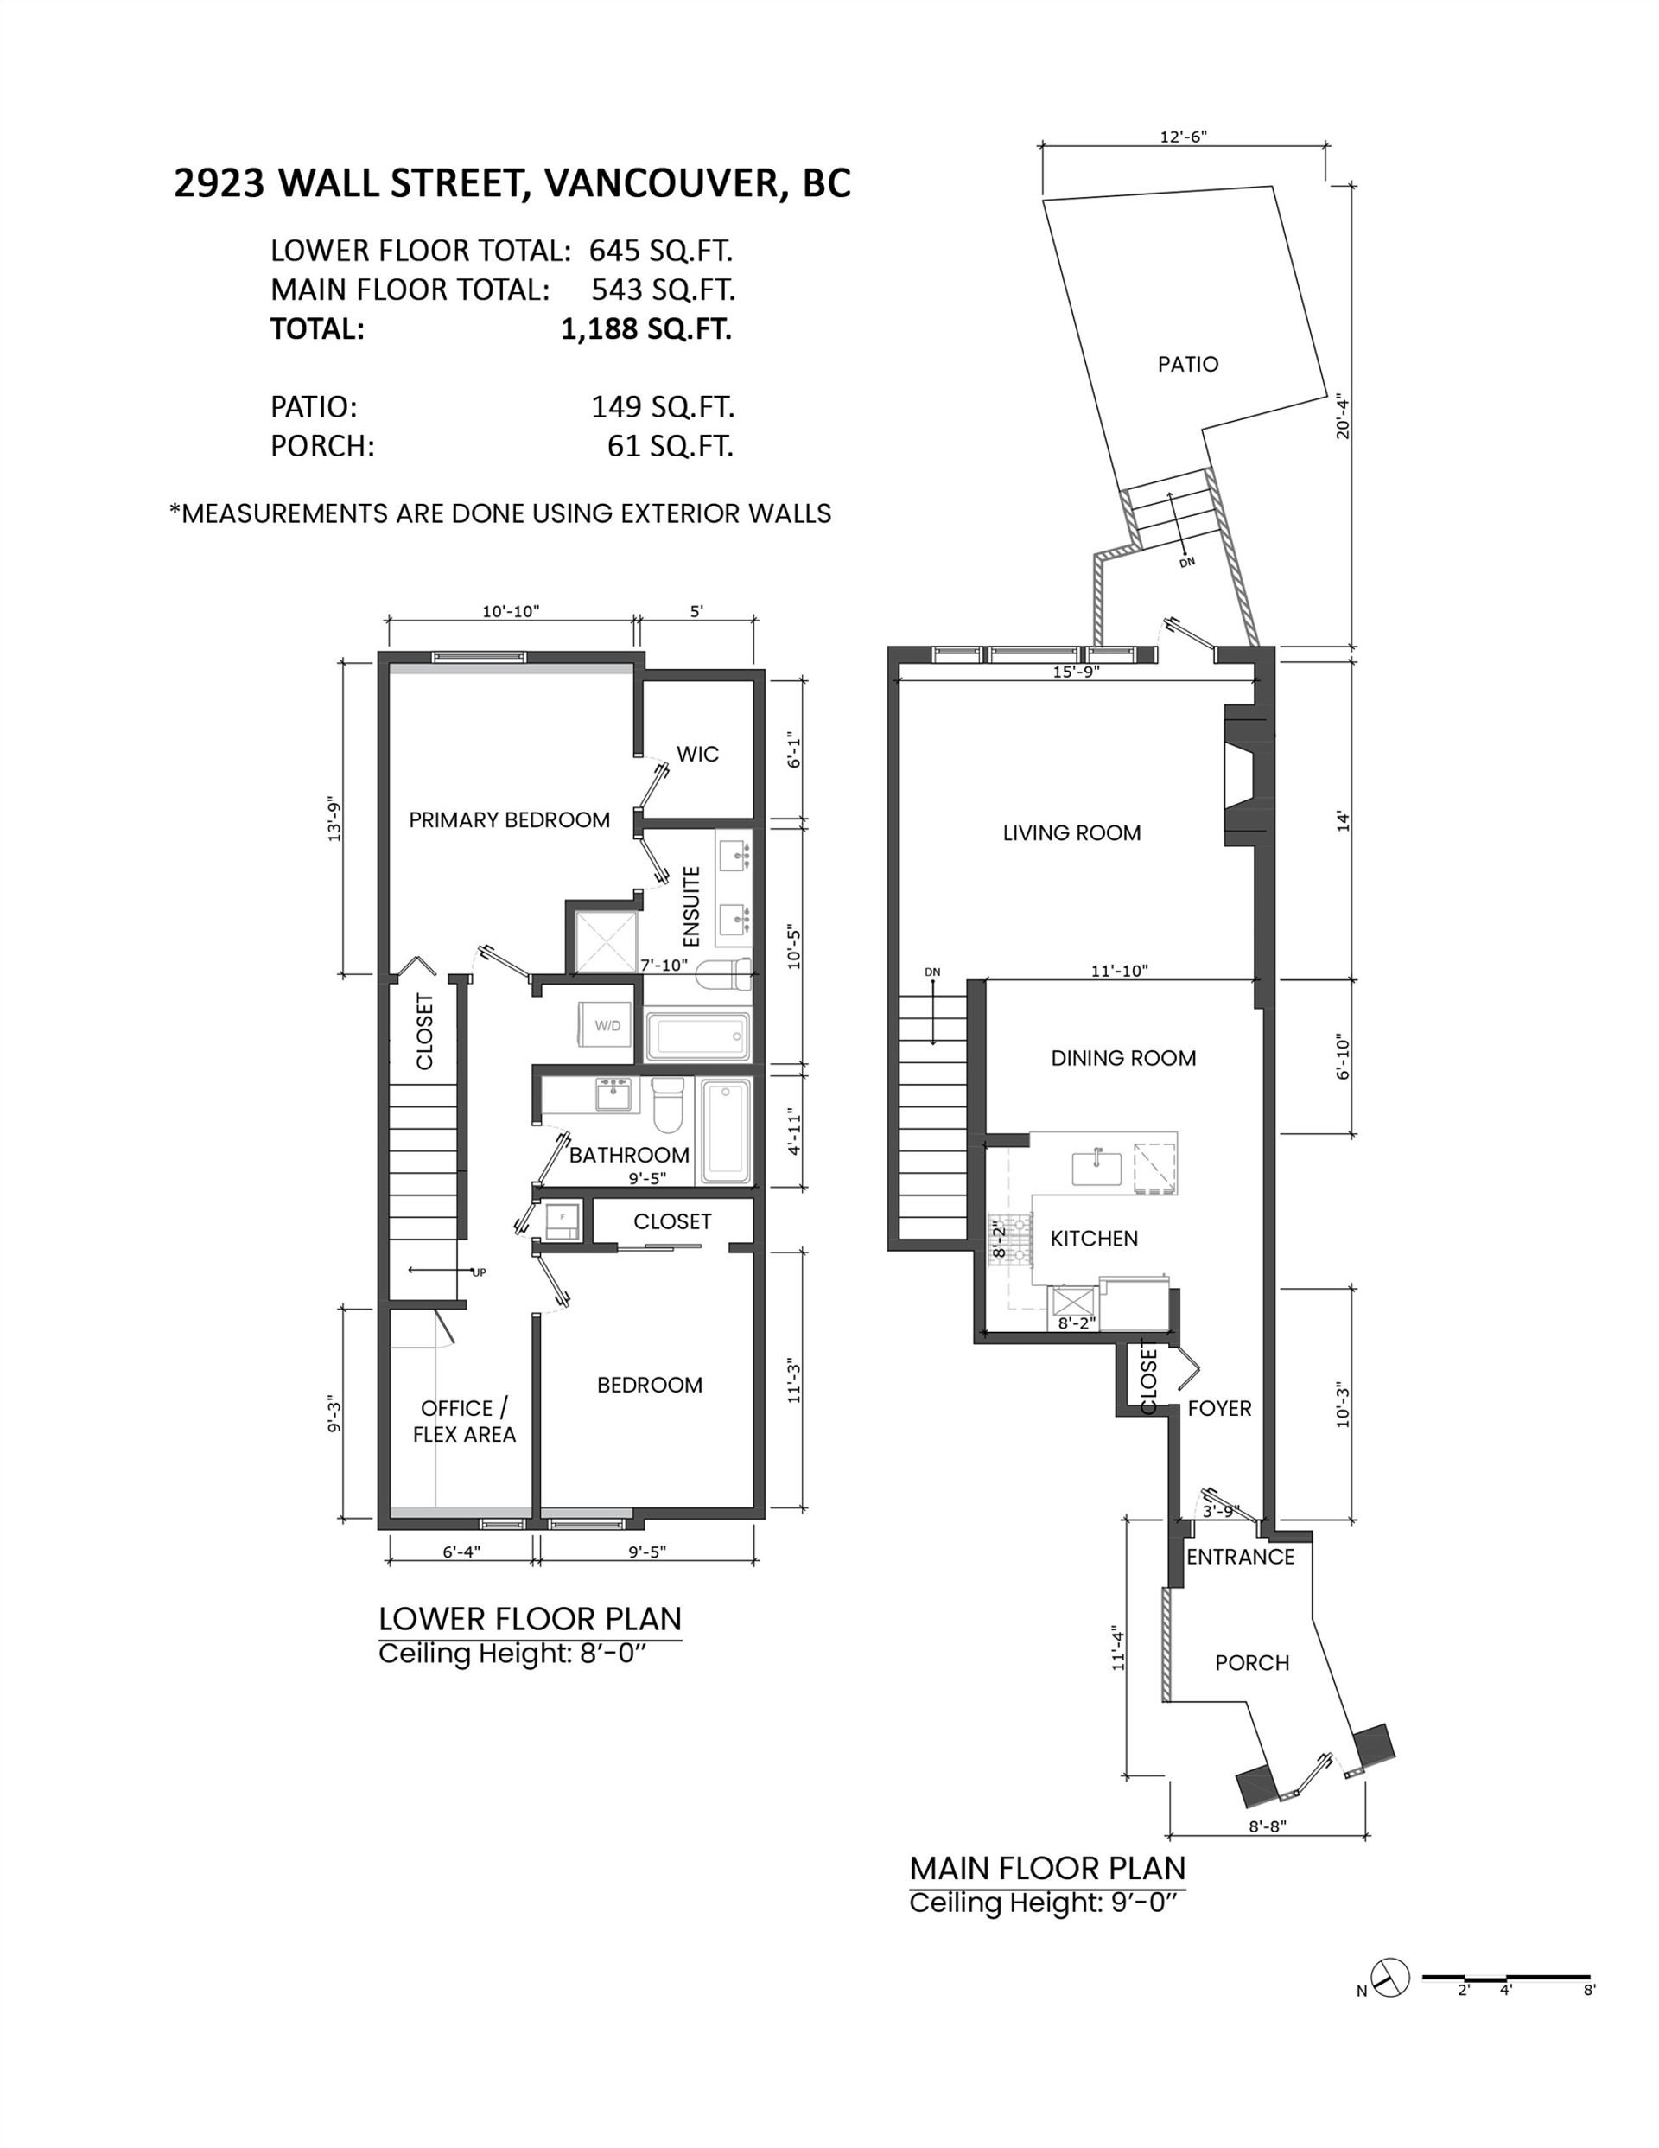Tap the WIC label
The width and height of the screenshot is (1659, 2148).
[697, 755]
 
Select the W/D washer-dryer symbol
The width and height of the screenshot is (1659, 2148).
[607, 1027]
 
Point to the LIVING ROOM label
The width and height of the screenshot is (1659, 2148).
[1072, 833]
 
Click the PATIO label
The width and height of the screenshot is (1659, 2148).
[1188, 365]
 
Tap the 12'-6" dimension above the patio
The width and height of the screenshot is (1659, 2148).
[1183, 137]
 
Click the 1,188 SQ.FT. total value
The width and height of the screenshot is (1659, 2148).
[646, 328]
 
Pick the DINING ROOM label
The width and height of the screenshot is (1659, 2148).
[1123, 1058]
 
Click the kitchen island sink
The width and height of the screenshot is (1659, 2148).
[1096, 1169]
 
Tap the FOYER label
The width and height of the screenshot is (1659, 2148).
[1219, 1408]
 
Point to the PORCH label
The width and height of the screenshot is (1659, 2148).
[1252, 1663]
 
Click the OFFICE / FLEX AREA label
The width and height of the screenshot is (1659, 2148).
[464, 1421]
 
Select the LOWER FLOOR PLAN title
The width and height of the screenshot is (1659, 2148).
[530, 1619]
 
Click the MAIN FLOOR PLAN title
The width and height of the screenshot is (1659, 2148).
[1047, 1868]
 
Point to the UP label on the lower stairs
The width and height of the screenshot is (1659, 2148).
[480, 1272]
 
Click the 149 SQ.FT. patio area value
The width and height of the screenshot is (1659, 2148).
[663, 406]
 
